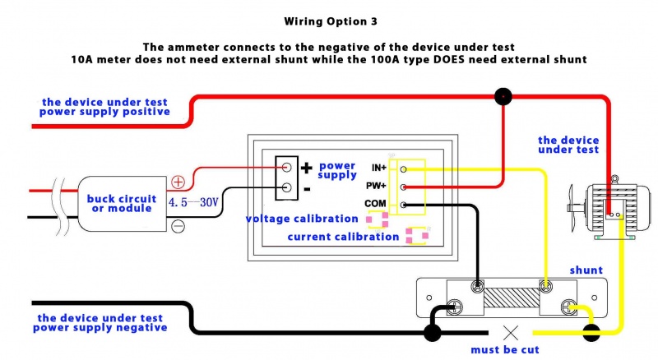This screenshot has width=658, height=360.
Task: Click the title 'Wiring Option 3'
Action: click(x=328, y=21)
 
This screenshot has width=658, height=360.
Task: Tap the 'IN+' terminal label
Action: click(x=378, y=168)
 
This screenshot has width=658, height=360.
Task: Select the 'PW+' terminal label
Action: click(x=377, y=186)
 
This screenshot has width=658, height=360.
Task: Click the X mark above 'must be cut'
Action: click(x=510, y=333)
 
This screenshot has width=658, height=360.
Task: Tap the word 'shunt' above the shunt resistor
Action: click(x=586, y=270)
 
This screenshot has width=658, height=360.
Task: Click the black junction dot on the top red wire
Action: click(x=502, y=97)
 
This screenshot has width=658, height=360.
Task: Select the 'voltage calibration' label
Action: click(x=302, y=219)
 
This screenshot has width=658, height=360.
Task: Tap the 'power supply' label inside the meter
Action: click(x=337, y=171)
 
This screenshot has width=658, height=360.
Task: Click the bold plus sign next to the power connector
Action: click(x=306, y=168)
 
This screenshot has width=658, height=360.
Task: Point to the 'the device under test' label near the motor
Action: click(x=568, y=145)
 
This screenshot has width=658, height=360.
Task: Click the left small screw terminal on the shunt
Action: click(x=477, y=287)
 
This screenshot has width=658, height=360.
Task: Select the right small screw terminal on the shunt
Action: click(x=544, y=286)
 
